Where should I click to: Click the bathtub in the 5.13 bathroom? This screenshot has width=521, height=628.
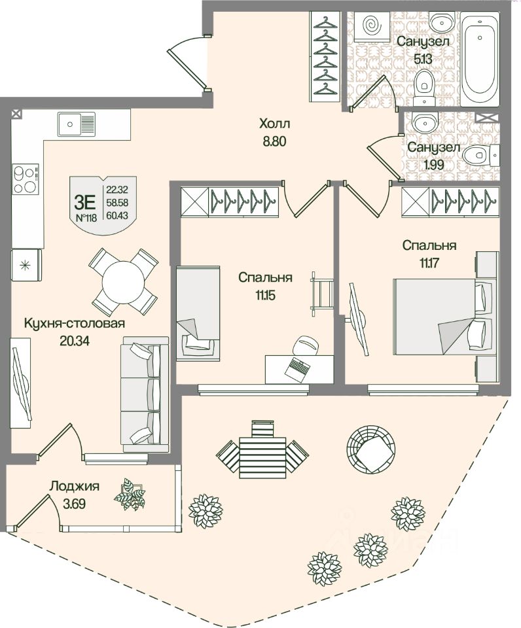click(480, 61)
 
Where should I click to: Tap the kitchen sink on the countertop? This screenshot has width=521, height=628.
click(76, 123)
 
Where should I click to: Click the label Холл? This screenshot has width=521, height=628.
click(274, 123)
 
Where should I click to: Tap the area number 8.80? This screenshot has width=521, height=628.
click(274, 141)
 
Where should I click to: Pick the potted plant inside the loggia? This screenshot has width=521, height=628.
click(130, 494)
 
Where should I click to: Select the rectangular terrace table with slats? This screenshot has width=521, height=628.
click(262, 451)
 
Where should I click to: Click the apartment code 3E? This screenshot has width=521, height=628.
click(86, 194)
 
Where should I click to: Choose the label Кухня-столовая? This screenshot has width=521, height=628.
click(74, 323)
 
